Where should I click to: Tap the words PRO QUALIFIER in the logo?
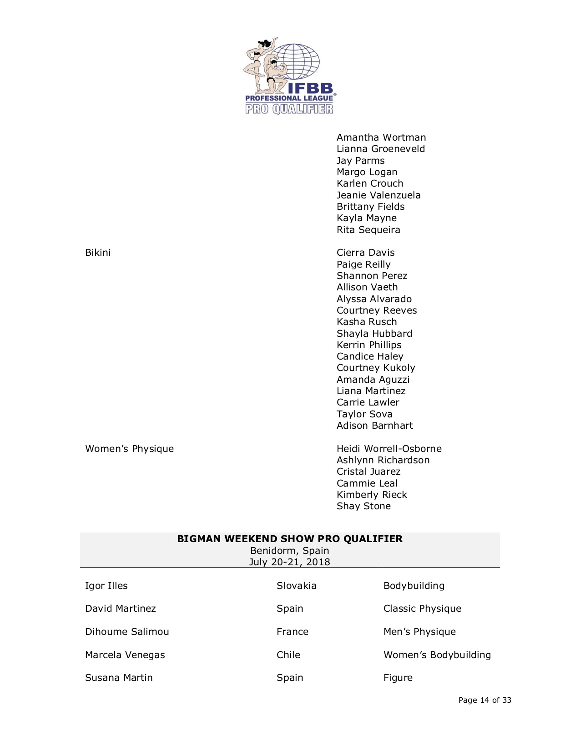289,109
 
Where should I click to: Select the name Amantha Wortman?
381,137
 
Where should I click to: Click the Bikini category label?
98,253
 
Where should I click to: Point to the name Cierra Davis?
365,253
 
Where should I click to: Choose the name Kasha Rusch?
366,322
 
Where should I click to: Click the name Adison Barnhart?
374,426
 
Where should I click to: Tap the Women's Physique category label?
129,449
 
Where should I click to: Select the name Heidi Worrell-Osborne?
389,449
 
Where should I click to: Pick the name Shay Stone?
363,506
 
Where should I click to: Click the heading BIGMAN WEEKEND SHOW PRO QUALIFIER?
290,539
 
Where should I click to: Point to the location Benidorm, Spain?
290,551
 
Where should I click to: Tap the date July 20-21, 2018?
290,562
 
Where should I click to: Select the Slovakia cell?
296,586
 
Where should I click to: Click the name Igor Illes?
106,586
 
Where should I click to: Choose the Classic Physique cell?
422,609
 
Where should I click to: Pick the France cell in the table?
292,632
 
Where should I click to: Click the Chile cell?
288,655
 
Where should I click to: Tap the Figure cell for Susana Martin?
398,678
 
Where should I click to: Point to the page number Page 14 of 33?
485,700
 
